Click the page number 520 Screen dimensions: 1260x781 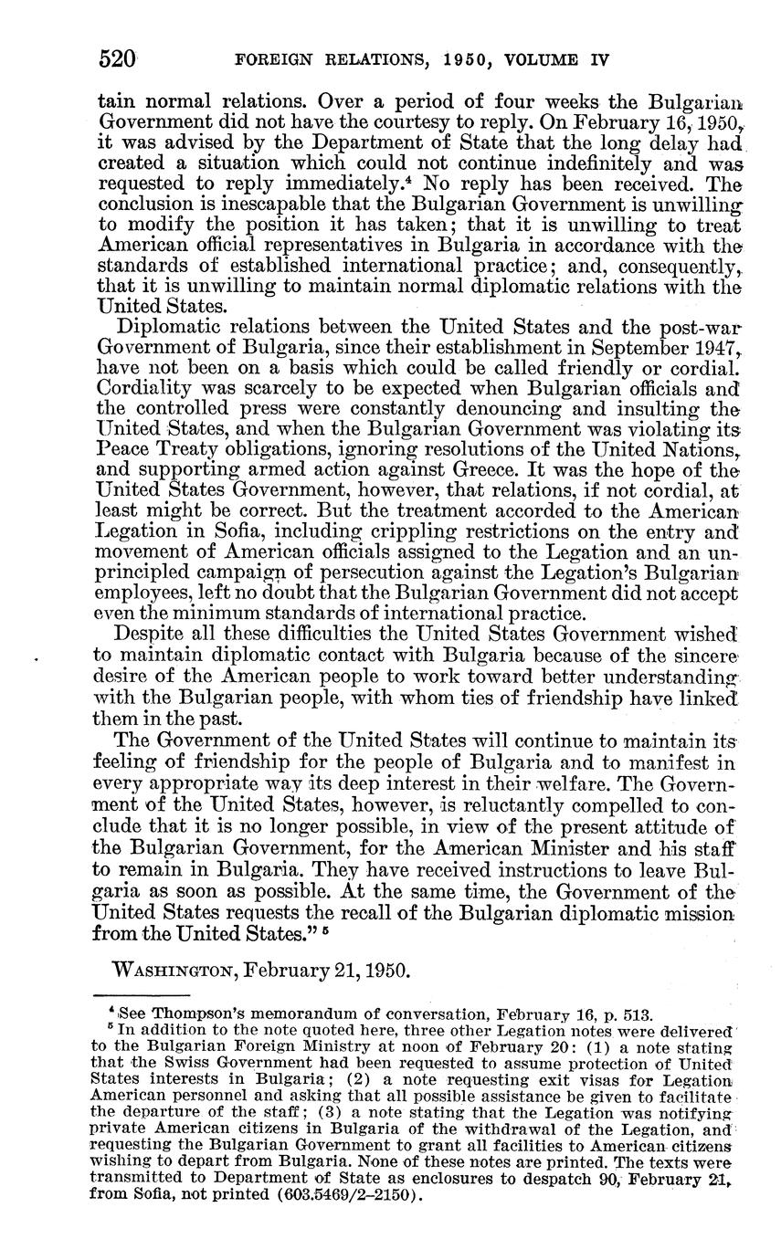tap(117, 60)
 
